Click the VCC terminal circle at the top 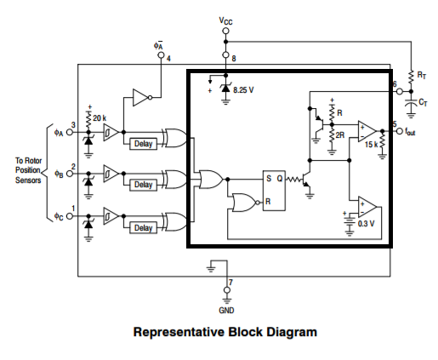pos(225,31)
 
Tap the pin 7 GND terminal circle pos(227,290)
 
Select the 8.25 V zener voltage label pos(243,90)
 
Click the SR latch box pos(274,191)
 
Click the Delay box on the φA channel pos(143,144)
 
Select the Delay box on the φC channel pos(143,228)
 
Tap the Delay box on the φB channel pos(143,185)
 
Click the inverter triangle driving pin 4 pos(142,98)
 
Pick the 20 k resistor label pos(100,118)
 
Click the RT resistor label pos(421,76)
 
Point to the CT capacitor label pos(423,102)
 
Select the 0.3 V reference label pos(366,224)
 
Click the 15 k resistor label pos(372,145)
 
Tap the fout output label pos(410,132)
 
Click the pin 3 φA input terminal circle pos(70,132)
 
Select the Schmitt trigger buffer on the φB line pos(111,174)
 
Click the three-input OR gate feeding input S pos(211,180)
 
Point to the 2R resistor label pos(340,135)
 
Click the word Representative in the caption pos(179,332)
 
